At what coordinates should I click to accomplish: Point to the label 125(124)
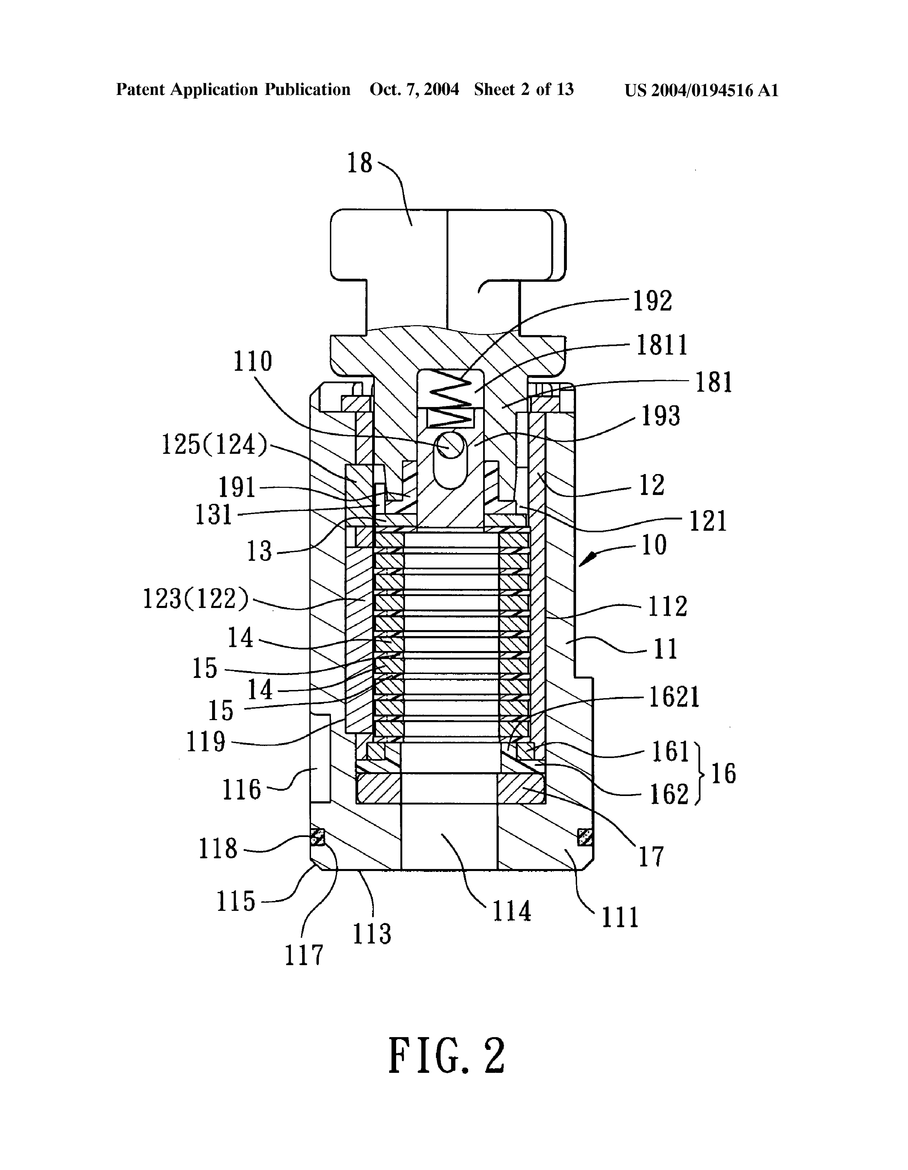click(x=214, y=444)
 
